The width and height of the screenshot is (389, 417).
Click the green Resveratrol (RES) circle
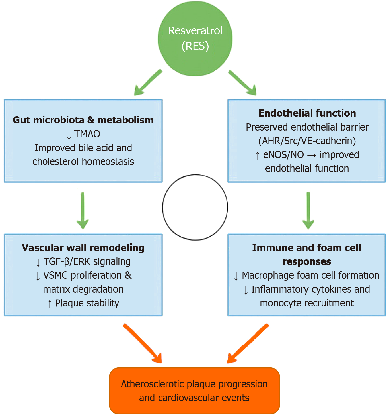[195, 38]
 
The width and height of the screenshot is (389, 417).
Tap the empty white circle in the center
[195, 207]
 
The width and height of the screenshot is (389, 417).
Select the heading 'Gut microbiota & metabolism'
[83, 120]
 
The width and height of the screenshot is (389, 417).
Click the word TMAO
[87, 134]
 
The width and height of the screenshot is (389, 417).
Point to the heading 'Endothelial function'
[307, 113]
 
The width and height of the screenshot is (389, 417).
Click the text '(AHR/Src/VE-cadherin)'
[307, 141]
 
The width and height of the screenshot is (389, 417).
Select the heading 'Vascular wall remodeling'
[83, 248]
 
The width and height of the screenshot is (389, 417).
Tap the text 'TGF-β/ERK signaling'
[87, 261]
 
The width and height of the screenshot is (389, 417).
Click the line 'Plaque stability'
[87, 303]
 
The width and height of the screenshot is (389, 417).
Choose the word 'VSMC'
[55, 275]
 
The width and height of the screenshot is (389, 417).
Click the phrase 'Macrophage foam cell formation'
[310, 275]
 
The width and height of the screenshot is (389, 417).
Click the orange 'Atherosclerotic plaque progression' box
[194, 391]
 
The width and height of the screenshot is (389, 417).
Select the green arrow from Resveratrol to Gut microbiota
[148, 82]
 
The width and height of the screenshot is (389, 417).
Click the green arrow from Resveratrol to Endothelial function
[242, 82]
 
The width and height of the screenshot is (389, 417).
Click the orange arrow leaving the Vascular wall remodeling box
[143, 343]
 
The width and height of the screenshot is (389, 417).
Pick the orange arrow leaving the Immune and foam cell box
[248, 343]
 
